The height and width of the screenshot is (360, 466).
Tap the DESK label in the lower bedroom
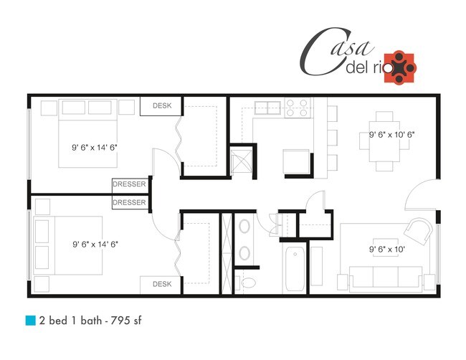161,285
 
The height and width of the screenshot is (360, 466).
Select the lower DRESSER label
129,203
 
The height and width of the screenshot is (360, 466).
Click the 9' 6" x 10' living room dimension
387,250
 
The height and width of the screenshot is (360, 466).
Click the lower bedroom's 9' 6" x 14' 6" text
95,244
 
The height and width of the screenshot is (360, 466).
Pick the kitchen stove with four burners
296,108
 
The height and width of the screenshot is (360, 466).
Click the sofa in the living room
385,275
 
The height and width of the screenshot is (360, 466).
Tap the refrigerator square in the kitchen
297,162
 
